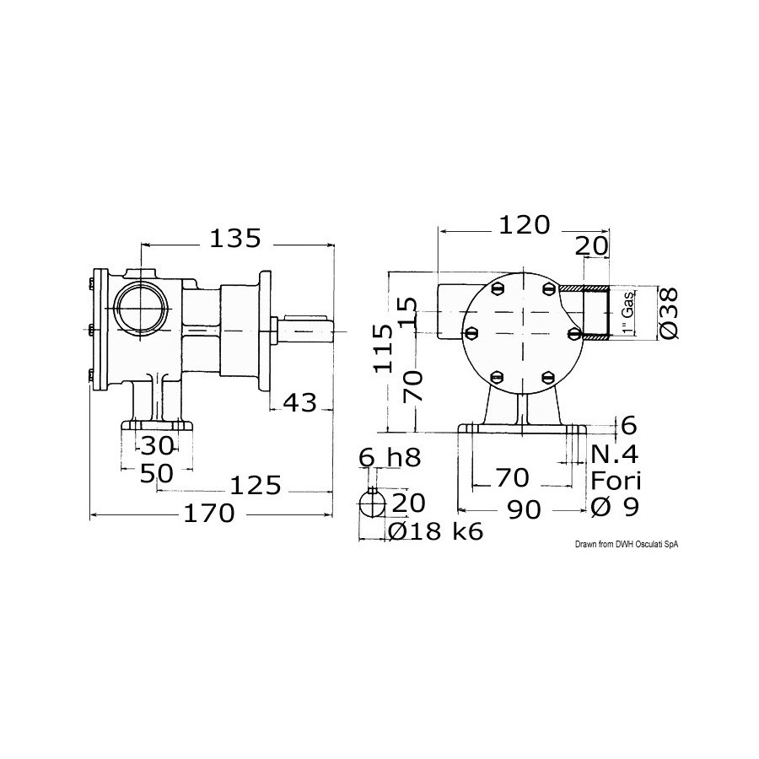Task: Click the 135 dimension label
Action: [x=235, y=238]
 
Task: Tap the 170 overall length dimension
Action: [x=208, y=513]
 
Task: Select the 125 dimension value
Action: [x=255, y=486]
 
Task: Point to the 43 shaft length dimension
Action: [x=299, y=402]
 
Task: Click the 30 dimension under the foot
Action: [x=157, y=446]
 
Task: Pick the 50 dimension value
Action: [x=156, y=473]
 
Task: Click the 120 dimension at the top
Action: [x=525, y=224]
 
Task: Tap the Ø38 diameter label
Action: [x=669, y=313]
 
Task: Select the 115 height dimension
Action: [x=383, y=348]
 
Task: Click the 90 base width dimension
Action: [x=525, y=509]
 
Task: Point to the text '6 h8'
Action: [x=390, y=457]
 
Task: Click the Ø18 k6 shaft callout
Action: [x=436, y=532]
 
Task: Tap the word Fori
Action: [x=616, y=481]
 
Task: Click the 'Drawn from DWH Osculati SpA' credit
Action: [x=627, y=545]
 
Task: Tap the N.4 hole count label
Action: [x=615, y=455]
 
